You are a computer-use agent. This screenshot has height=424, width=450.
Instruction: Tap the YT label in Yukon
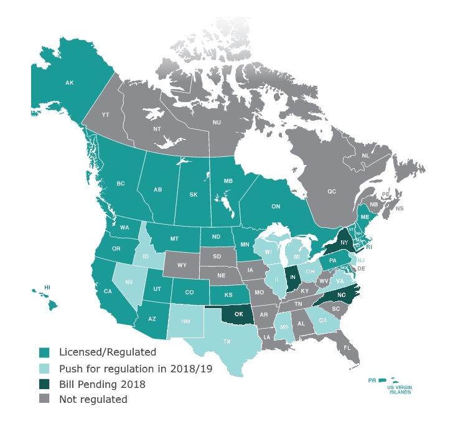pyautogui.click(x=105, y=115)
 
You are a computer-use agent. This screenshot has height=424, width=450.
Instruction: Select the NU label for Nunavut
pyautogui.click(x=217, y=123)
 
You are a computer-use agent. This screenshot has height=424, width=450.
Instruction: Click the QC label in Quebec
pyautogui.click(x=331, y=192)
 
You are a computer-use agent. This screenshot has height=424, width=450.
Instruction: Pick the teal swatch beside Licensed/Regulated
pyautogui.click(x=44, y=352)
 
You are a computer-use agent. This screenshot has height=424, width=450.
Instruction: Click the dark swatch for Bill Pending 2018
pyautogui.click(x=44, y=384)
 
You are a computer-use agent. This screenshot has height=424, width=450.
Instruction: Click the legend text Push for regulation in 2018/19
pyautogui.click(x=135, y=369)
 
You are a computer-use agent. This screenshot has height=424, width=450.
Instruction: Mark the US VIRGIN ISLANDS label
pyautogui.click(x=399, y=390)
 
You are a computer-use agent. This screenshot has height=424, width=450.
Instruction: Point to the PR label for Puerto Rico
pyautogui.click(x=372, y=380)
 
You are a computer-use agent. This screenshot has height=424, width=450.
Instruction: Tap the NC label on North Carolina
pyautogui.click(x=340, y=296)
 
